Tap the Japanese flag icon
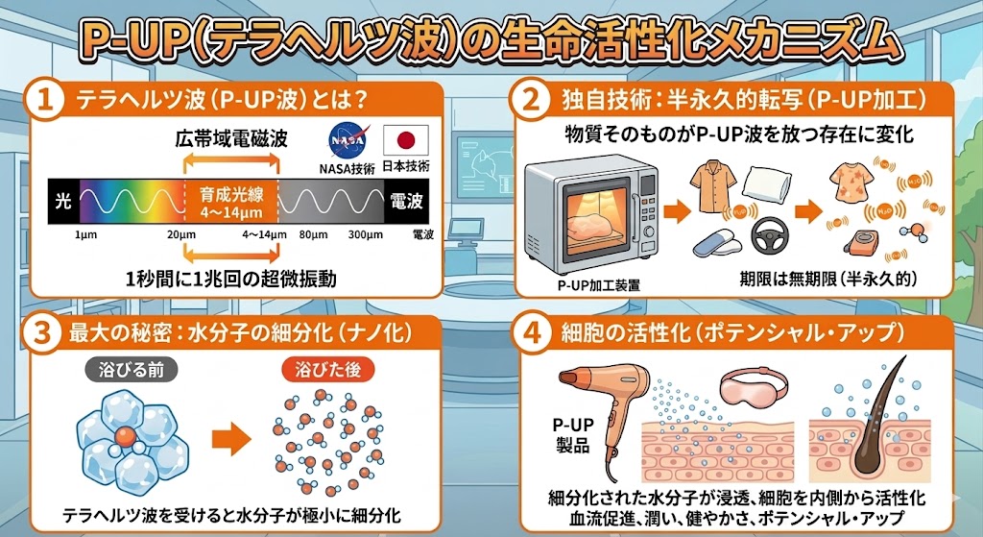pos(403,142)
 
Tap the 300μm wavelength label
pos(365,233)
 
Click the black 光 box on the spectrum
pos(63,203)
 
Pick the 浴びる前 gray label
pos(127,368)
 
